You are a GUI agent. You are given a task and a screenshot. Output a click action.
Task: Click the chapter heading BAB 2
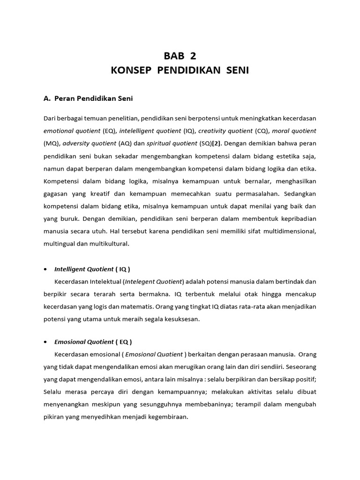tap(180, 56)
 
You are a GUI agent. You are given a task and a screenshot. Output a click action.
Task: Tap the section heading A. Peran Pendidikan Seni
tap(88, 98)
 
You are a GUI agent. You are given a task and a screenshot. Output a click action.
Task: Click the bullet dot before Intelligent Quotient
tap(45, 270)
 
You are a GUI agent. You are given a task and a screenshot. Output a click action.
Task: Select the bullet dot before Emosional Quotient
tap(45, 342)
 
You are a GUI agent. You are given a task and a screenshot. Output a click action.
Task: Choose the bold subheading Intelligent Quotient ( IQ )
tap(92, 269)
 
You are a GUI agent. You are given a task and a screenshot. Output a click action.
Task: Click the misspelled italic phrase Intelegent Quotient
tap(153, 282)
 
